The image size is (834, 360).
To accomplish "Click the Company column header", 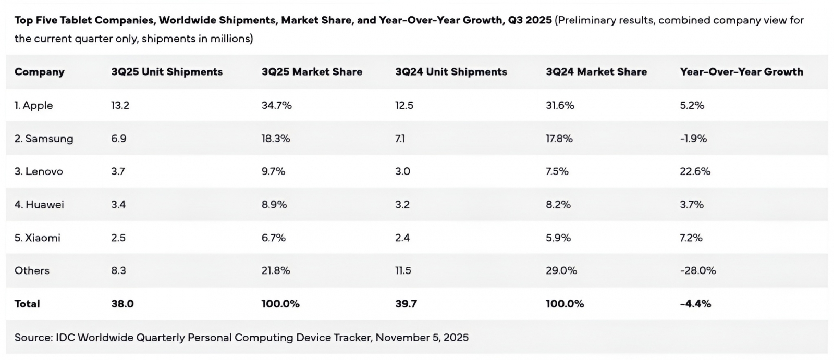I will tap(40, 72).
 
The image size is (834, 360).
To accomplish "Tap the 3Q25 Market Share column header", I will tap(312, 72).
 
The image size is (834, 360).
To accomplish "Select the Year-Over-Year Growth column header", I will tap(741, 72).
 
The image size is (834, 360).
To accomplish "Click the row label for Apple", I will tap(34, 105).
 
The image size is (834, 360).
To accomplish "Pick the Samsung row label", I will tap(44, 139).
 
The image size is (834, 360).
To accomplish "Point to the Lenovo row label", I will tap(39, 171).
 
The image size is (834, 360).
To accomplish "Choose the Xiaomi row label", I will tap(38, 238).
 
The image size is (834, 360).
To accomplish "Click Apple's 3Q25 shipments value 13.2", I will tap(120, 105).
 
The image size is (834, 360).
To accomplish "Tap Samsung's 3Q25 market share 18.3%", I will tap(276, 139).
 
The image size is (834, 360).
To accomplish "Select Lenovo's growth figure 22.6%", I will tap(695, 171).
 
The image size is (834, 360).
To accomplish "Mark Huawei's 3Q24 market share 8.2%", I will tap(558, 205).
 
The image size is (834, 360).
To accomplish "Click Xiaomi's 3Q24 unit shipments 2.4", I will tap(402, 238).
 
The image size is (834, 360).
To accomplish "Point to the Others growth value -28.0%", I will tap(697, 270).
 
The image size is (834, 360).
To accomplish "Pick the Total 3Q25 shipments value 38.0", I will tap(122, 304).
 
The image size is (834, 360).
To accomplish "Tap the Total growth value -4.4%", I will tap(695, 304).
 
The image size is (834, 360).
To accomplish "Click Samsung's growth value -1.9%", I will tap(693, 139).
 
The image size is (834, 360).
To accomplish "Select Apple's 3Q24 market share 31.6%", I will tap(560, 105).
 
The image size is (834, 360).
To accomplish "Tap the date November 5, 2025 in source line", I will tap(422, 338).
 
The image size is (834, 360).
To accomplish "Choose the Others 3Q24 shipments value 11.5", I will tap(403, 270).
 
